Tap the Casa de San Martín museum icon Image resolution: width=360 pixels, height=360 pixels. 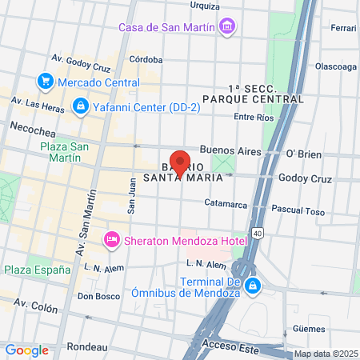click(228, 27)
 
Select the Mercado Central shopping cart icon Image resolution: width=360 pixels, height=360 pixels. click(45, 81)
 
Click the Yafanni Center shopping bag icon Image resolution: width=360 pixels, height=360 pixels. click(81, 106)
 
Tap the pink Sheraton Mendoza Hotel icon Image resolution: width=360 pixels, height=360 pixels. click(112, 239)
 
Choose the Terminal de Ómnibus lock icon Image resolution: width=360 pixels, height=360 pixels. click(252, 286)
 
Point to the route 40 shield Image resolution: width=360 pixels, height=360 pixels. click(256, 233)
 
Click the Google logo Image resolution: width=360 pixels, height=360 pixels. click(26, 350)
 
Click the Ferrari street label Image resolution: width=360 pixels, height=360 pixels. click(343, 28)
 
